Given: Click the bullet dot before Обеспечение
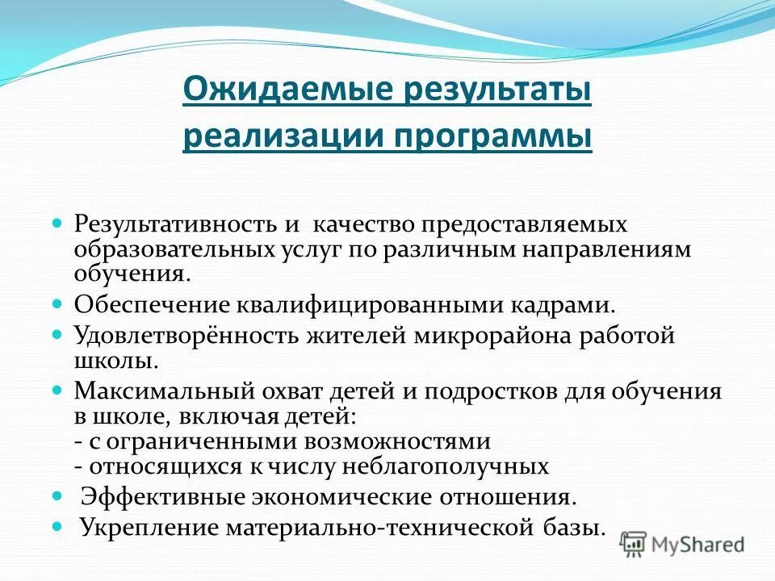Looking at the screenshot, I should (57, 305).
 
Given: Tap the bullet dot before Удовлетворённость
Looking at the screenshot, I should (57, 333).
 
